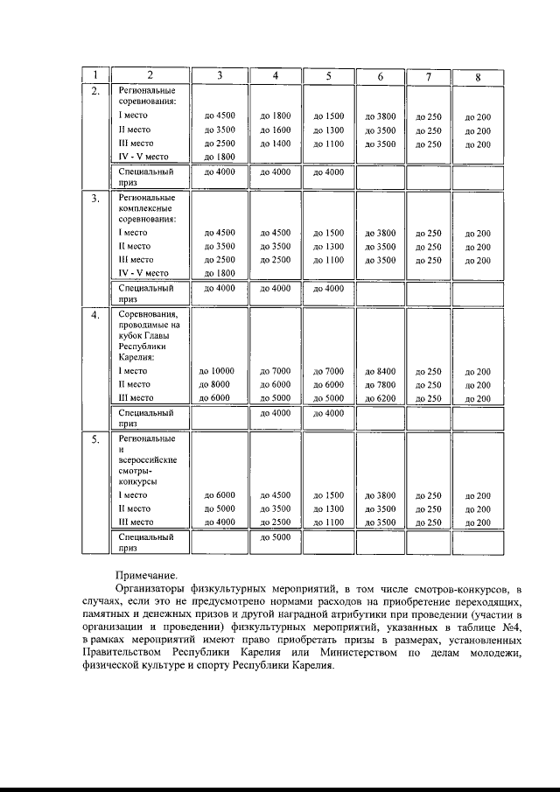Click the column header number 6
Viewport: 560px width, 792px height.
coord(381,76)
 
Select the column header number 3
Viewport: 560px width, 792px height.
coord(220,76)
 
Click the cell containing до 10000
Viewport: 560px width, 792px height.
coord(220,372)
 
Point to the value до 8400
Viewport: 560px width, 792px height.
coord(381,372)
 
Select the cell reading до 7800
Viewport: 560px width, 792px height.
coord(381,385)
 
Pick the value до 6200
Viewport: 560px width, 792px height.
coord(381,398)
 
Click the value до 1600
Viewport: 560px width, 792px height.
coord(276,130)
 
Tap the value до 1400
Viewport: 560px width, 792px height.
coord(276,144)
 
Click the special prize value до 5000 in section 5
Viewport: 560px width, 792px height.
coord(276,537)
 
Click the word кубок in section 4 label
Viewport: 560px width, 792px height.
coord(129,336)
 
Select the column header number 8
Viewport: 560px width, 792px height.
coord(478,76)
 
